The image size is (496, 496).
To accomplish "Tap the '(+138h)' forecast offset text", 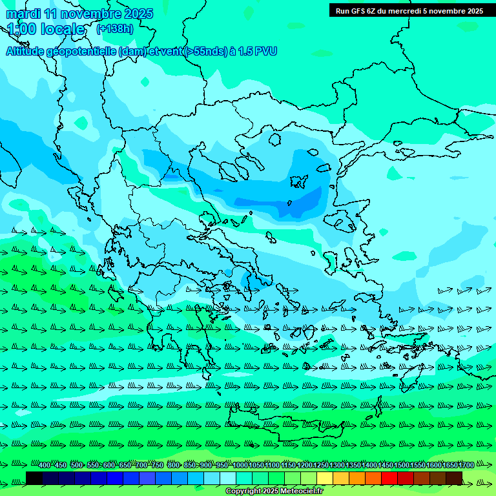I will (115, 29).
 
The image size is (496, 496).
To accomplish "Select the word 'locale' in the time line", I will (63, 29).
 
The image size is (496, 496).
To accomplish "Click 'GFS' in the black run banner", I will (361, 11).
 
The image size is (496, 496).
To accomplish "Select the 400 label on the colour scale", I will (45, 465).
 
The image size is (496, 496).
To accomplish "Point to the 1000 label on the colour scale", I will (240, 465).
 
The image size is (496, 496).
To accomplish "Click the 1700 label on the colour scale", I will (466, 465).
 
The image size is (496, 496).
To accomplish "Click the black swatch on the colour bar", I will (34, 478).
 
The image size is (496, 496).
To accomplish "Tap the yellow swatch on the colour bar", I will (325, 478).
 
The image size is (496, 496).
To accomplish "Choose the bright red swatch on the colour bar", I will (389, 478).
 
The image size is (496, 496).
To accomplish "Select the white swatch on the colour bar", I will (228, 478).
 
